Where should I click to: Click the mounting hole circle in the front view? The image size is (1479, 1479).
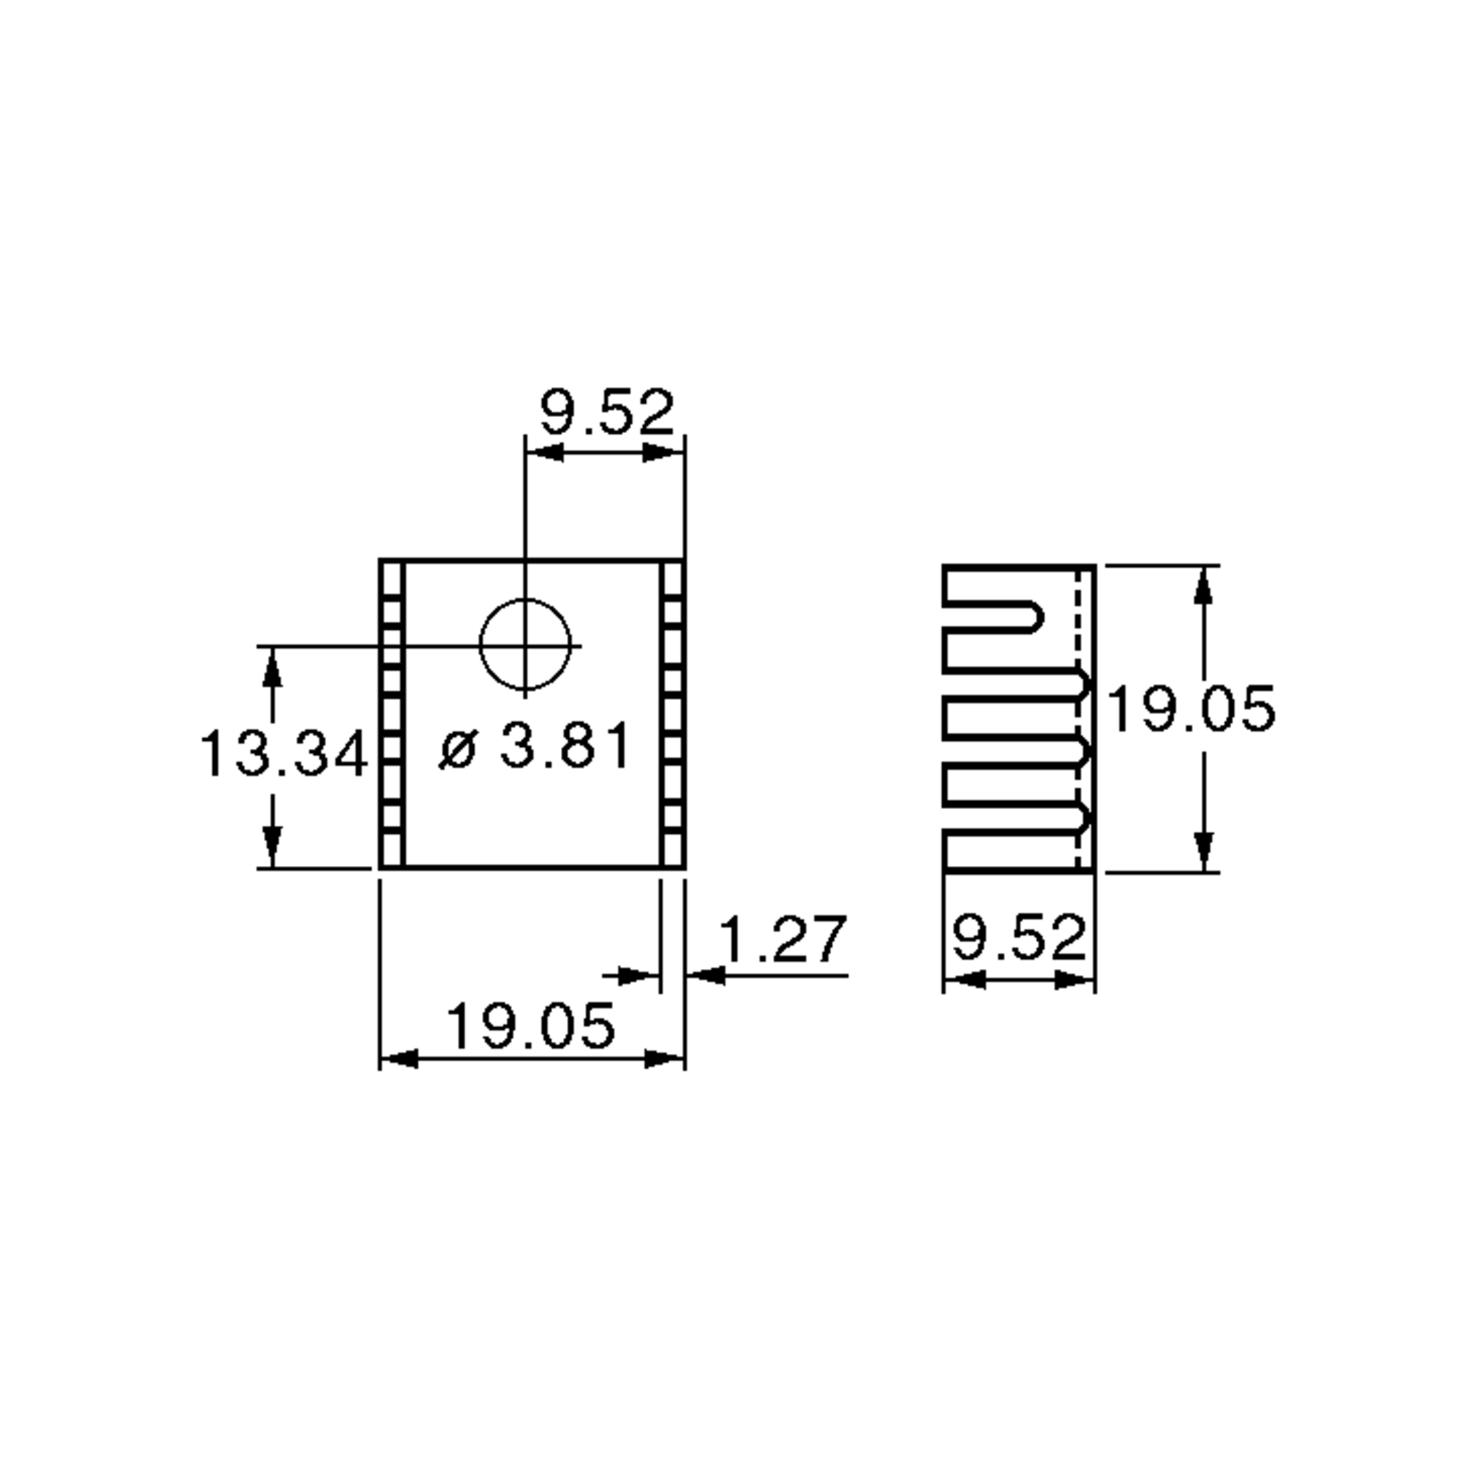[525, 645]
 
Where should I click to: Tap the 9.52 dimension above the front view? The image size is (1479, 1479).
[606, 413]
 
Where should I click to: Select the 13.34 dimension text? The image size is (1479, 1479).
[284, 754]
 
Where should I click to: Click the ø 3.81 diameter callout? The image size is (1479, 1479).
[536, 746]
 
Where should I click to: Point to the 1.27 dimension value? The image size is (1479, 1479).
[783, 939]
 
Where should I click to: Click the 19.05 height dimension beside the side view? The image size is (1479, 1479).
[1191, 709]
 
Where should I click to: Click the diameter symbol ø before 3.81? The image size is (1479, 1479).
[458, 748]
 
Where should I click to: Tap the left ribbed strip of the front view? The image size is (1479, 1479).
[392, 714]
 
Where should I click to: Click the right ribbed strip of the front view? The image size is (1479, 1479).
[672, 714]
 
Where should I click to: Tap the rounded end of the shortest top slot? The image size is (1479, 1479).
[1035, 616]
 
